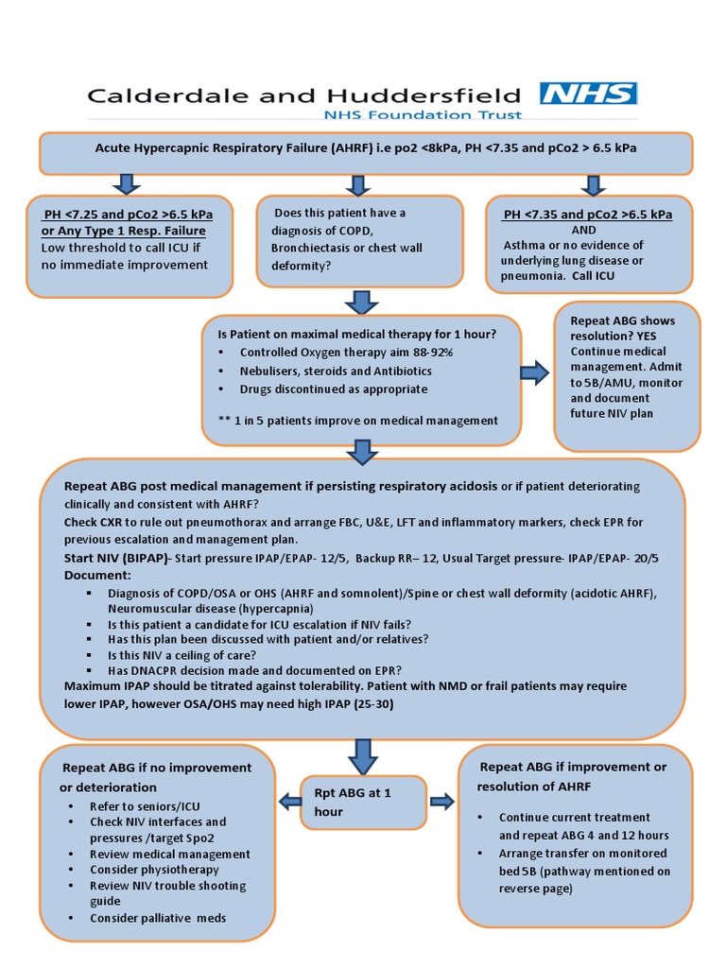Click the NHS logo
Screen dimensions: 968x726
point(588,94)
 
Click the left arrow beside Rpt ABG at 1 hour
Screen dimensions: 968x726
point(289,802)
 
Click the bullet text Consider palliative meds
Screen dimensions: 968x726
point(157,918)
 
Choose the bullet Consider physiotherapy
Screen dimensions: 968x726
point(154,869)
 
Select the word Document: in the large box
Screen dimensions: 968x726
point(98,575)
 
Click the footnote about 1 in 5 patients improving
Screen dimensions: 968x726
point(357,420)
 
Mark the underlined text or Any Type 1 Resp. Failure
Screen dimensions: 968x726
point(123,231)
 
